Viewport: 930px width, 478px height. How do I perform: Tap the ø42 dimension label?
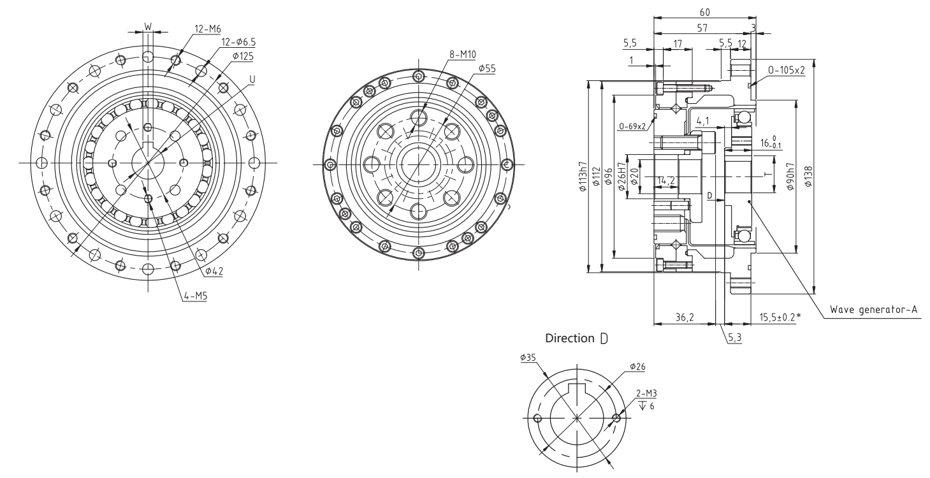(214, 272)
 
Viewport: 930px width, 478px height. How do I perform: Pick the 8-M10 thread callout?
(462, 55)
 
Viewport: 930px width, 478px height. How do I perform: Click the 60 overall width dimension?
(705, 12)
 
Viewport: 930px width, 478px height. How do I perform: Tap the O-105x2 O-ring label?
(787, 70)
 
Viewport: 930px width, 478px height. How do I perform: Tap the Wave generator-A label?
(873, 310)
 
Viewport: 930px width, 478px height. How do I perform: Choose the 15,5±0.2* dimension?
(777, 317)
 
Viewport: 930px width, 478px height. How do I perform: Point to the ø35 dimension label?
(528, 358)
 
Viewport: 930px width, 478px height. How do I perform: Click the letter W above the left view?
(148, 27)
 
